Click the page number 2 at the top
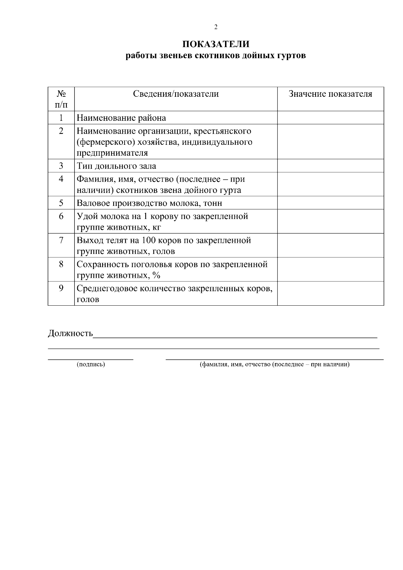(x=216, y=27)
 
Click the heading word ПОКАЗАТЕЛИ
(x=216, y=44)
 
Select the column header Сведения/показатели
(x=176, y=94)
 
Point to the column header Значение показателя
(x=330, y=94)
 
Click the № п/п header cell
(x=61, y=99)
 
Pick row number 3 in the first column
(x=61, y=166)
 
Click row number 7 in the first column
(x=61, y=240)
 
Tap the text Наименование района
(x=121, y=118)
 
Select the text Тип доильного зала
(x=116, y=166)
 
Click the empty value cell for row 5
(x=330, y=203)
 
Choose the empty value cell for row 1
(x=330, y=118)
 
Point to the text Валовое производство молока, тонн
(x=149, y=203)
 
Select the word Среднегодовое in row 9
(x=107, y=289)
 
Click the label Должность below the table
(x=70, y=333)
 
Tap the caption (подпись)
(x=91, y=364)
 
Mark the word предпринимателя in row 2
(x=112, y=153)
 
